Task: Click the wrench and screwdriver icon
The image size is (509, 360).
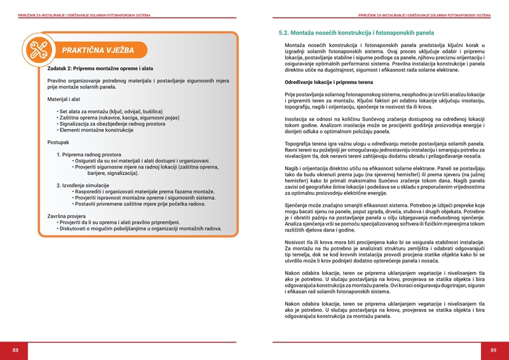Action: coord(39,48)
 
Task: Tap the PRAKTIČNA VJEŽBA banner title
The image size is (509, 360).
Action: coord(97,50)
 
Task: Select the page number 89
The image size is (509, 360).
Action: coord(492,350)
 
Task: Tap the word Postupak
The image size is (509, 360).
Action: coord(59,142)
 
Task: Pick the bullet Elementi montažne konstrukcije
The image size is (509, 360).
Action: coord(97,130)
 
